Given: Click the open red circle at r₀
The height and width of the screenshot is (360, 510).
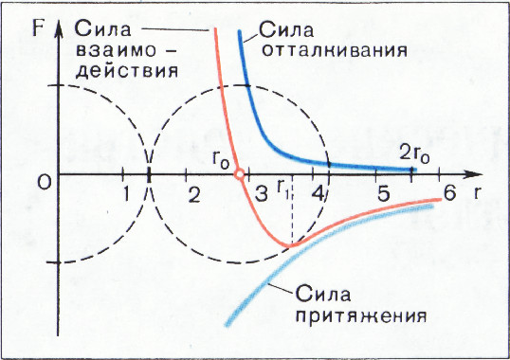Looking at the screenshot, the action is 240,173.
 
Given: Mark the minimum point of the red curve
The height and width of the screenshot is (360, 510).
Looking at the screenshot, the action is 289,244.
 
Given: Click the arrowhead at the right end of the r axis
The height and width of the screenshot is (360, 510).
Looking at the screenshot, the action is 471,174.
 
